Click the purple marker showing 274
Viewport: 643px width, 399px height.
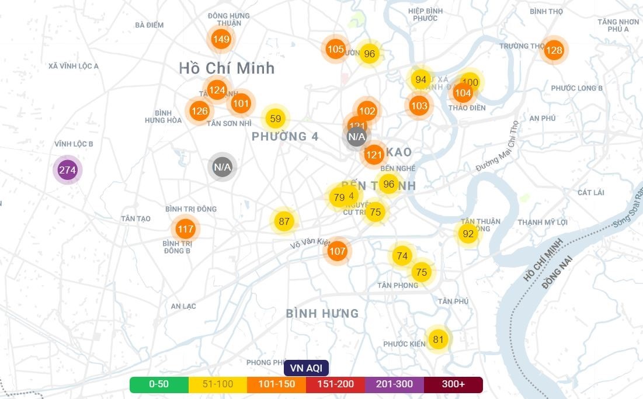[x=68, y=171]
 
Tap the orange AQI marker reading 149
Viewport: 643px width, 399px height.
[x=221, y=40]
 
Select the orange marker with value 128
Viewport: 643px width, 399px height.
[x=554, y=50]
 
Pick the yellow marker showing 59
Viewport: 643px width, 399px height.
[x=276, y=119]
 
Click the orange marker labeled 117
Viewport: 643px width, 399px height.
[x=185, y=229]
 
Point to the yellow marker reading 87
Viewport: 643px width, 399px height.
[x=284, y=221]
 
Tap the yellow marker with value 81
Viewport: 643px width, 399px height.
[x=438, y=339]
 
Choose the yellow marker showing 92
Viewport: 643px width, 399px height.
[x=468, y=234]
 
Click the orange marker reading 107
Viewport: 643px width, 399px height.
[x=337, y=252]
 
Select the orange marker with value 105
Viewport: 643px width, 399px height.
[x=335, y=49]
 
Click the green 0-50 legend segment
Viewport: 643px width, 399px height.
[x=159, y=384]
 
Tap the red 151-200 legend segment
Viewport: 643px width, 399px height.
[x=335, y=384]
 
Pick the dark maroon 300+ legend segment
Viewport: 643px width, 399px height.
[x=453, y=384]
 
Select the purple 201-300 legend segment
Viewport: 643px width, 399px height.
[x=394, y=384]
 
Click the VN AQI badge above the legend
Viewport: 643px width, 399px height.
[x=306, y=368]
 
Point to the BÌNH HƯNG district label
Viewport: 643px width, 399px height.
[x=322, y=314]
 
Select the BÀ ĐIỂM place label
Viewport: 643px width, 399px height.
[x=149, y=25]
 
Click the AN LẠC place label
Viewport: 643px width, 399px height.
[x=183, y=306]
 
